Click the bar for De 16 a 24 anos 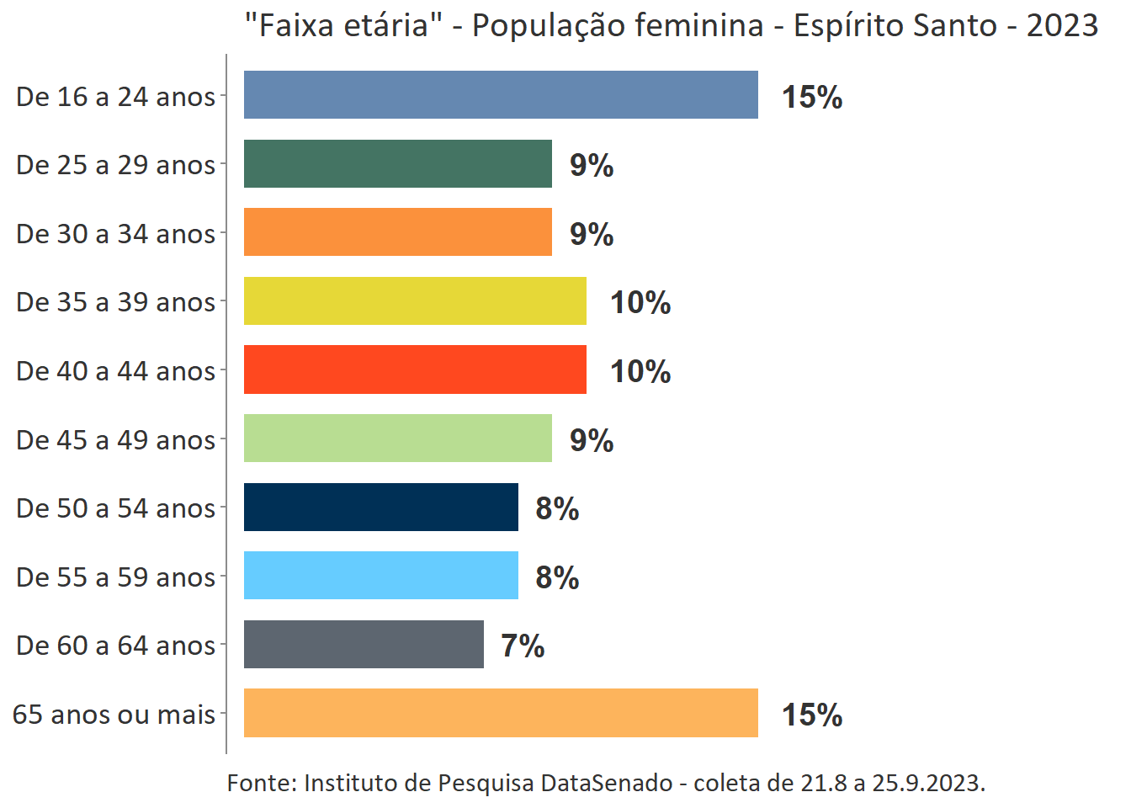tap(501, 94)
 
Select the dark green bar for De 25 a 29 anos tap(398, 163)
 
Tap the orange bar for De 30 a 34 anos tap(398, 232)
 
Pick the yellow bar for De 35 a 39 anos tap(415, 300)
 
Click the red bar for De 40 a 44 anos tap(415, 369)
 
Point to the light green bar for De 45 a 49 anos tap(398, 438)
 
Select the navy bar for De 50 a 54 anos tap(381, 507)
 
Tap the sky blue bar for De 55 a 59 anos tap(381, 576)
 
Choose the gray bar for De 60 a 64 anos tap(364, 644)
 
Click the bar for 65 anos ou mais tap(501, 713)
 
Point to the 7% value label tap(523, 646)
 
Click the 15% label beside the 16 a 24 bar tap(812, 97)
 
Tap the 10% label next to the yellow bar tap(640, 302)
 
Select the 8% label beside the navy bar tap(557, 508)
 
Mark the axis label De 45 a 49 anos tap(116, 439)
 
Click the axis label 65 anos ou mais tap(114, 714)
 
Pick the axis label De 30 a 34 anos tap(116, 233)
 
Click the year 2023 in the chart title tap(1062, 25)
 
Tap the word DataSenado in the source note tap(606, 783)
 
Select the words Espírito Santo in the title tap(895, 25)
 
